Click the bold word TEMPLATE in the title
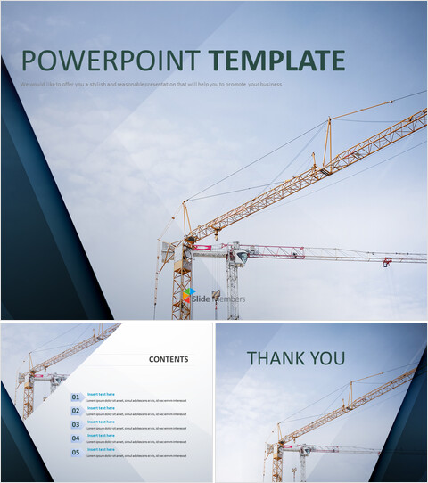tap(276, 61)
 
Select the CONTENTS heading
tap(169, 360)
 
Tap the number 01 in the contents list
tap(76, 397)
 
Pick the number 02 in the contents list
tap(76, 411)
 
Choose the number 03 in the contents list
tap(76, 425)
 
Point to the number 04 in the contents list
tap(76, 438)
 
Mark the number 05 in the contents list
tap(76, 453)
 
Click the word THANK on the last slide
tap(276, 359)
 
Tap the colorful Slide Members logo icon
tap(188, 298)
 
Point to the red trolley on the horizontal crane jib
tap(387, 262)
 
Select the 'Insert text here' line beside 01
tap(101, 394)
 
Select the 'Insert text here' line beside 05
tap(101, 449)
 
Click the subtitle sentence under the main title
tap(152, 84)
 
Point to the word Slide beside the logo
tap(202, 299)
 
